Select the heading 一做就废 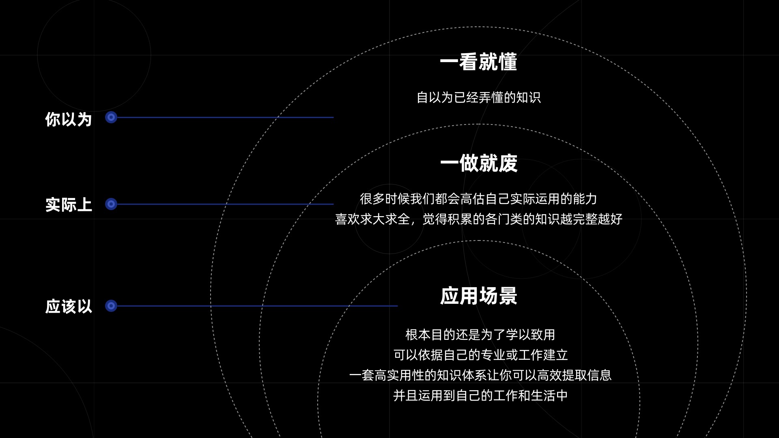coord(479,163)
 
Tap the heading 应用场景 coord(479,296)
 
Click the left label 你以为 coord(69,119)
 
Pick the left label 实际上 coord(69,205)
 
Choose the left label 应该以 coord(69,307)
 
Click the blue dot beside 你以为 coord(111,118)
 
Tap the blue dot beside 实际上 coord(111,204)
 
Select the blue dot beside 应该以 coord(111,306)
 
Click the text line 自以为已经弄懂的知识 coord(479,98)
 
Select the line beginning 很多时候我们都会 coord(479,199)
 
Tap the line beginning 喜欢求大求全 coord(479,219)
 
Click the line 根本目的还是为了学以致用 coord(480,335)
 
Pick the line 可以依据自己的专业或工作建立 coord(480,355)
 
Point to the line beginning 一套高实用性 coord(480,376)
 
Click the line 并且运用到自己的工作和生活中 coord(480,396)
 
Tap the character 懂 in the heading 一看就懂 coord(508,62)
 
